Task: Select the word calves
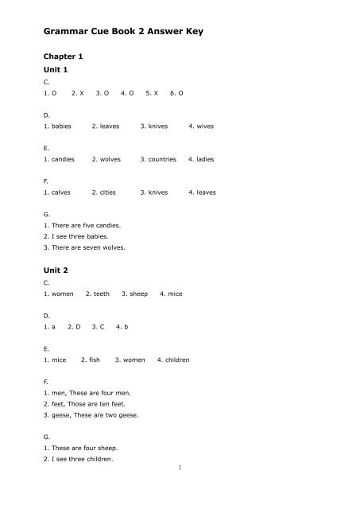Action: [x=63, y=192]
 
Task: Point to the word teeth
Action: [x=103, y=293]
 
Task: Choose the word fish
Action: [x=94, y=359]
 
